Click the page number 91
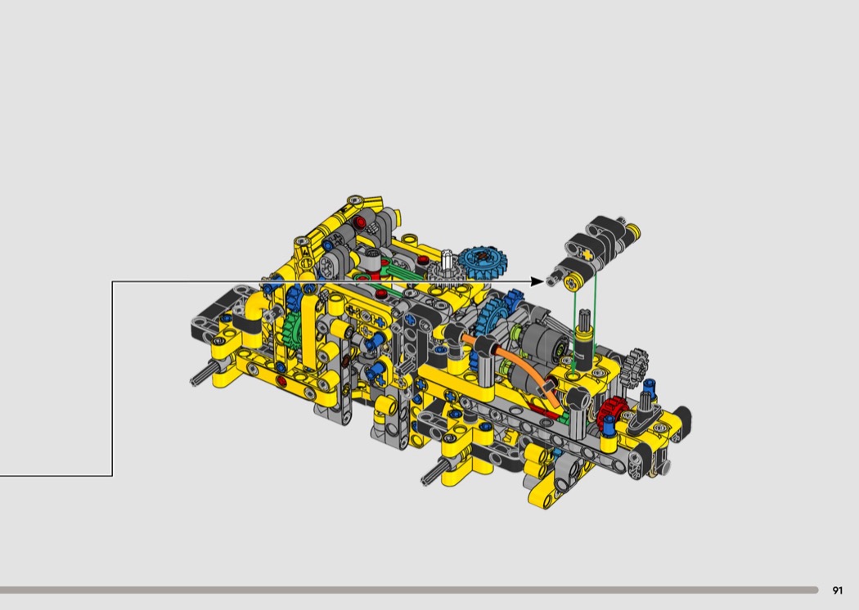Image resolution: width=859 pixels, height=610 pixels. (837, 590)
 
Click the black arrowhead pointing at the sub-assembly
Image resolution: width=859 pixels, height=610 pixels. (537, 282)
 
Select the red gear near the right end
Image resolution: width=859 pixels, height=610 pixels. (611, 410)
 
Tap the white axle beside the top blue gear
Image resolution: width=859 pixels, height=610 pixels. (447, 260)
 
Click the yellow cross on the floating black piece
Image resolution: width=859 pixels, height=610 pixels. (587, 254)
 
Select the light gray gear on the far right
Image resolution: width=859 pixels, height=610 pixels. (637, 361)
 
